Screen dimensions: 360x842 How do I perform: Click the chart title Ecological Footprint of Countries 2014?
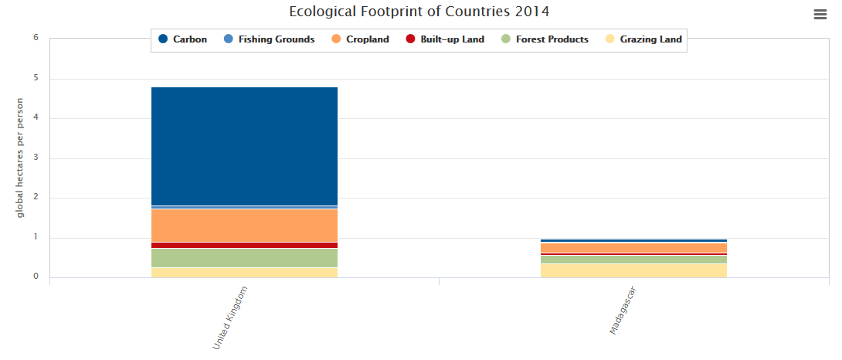coord(419,12)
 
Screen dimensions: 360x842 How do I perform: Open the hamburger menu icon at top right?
coord(820,15)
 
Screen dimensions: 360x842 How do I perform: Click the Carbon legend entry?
coord(182,39)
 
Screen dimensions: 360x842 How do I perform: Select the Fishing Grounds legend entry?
coord(269,39)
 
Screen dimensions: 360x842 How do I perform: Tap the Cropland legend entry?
coord(360,39)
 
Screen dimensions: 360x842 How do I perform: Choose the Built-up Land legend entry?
coord(445,39)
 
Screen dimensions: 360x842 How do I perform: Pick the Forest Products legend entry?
coord(545,39)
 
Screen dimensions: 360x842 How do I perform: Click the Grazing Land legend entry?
coord(643,39)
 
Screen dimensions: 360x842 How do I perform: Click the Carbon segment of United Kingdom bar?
coord(244,146)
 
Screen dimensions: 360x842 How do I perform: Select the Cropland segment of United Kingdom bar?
coord(244,226)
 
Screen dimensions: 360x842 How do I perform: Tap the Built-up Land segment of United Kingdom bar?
coord(244,245)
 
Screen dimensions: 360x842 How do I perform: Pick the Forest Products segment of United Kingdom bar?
coord(244,258)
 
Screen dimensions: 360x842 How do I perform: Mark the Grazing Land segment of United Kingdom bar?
coord(244,273)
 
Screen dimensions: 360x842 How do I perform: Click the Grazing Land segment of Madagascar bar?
coord(633,270)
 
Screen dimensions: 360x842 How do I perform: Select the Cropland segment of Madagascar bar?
coord(633,248)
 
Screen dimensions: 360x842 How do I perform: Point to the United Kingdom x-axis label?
coord(229,318)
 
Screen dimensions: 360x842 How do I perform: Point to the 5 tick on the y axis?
coord(36,78)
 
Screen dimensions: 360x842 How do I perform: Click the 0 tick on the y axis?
coord(36,277)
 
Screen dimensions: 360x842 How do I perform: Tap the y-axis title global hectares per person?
coord(21,158)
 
